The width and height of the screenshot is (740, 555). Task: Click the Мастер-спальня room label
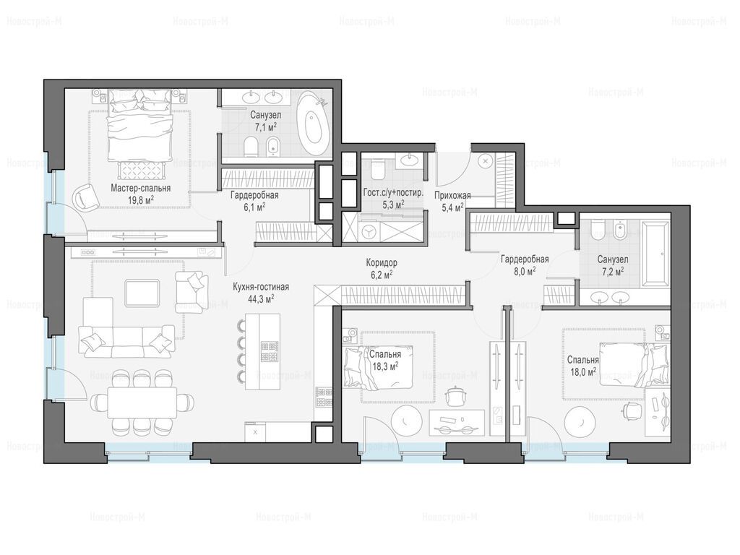pos(141,189)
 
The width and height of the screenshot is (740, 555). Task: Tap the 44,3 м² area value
pos(260,298)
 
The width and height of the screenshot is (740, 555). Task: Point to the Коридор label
pos(382,262)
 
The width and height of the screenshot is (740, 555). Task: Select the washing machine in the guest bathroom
pos(369,231)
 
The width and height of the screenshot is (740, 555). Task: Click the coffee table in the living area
pos(142,293)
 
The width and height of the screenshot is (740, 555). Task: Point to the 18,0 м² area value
pos(583,371)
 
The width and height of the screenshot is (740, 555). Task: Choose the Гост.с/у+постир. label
pos(393,193)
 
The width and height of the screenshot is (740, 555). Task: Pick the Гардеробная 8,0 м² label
pos(525,264)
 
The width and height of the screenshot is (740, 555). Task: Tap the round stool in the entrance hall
pos(485,161)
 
